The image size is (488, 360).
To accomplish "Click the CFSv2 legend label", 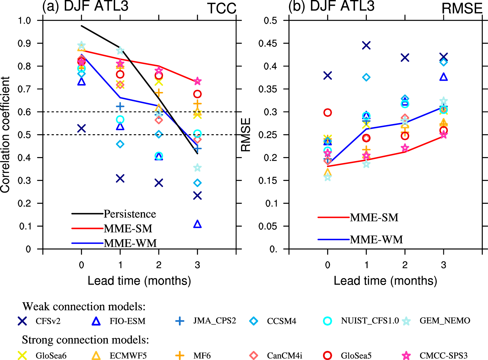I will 48,321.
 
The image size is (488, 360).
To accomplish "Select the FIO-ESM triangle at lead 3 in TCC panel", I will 197,224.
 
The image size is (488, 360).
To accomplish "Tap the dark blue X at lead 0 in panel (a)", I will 81,128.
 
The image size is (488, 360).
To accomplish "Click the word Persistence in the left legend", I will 130,214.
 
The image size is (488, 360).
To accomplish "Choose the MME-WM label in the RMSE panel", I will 376,240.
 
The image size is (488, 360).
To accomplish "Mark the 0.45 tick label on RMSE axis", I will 268,43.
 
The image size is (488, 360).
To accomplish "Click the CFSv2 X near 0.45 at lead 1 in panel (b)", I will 366,45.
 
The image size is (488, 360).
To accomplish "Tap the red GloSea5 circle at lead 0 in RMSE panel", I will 328,113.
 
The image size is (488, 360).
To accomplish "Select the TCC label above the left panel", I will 222,8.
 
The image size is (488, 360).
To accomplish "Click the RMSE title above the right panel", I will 462,8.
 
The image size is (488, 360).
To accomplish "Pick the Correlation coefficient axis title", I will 5,135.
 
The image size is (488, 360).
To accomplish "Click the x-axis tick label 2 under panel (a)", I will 159,265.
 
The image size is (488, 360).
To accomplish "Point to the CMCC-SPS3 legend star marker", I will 407,355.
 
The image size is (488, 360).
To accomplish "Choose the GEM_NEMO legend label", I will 445,321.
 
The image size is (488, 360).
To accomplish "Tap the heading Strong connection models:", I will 85,340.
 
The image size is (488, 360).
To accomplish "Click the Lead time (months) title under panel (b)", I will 385,281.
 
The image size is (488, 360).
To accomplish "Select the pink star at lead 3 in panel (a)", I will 197,82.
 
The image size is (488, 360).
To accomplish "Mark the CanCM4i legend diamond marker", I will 254,355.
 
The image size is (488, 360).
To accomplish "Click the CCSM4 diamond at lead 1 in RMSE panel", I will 366,77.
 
